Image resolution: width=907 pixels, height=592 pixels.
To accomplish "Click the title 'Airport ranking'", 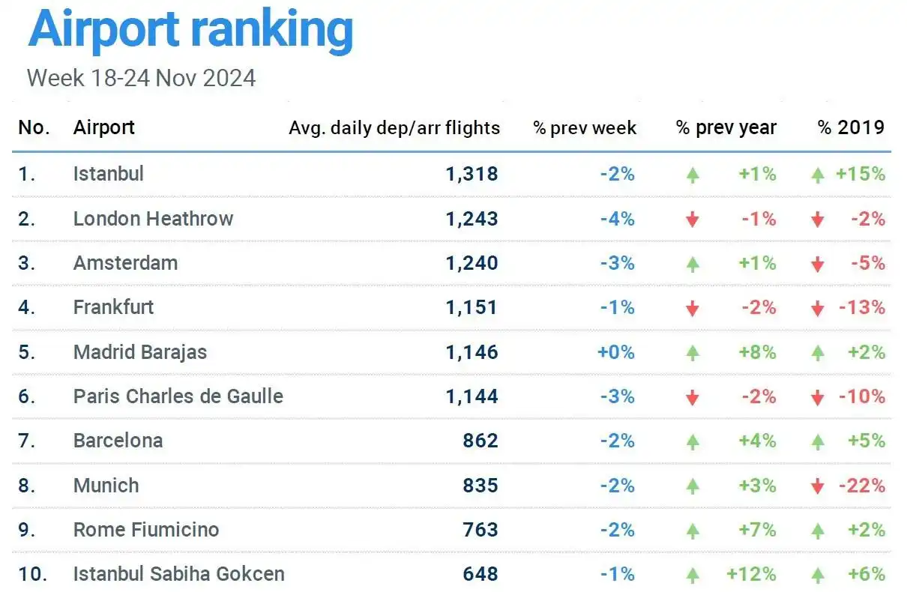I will coord(190,30).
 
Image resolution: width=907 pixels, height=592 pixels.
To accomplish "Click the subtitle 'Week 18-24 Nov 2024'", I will coord(141,78).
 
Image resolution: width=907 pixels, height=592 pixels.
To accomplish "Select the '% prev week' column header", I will coord(585,128).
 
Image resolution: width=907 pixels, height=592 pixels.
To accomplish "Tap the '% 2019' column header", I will coord(851,127).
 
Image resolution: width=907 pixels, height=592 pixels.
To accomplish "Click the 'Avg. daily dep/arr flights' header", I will coord(394,128).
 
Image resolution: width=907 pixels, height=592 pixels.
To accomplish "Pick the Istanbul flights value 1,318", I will coord(471,175).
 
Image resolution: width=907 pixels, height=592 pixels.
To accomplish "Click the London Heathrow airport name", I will coord(153,219).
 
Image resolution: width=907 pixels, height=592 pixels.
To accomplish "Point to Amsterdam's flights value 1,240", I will coord(471,264).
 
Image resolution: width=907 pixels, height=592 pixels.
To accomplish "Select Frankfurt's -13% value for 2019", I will coord(863,308).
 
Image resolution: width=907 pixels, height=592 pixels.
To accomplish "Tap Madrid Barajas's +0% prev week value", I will coord(616,352).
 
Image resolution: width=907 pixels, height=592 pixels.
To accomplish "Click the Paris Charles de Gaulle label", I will coord(178,396).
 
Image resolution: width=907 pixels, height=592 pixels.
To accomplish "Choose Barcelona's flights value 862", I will coord(480,441).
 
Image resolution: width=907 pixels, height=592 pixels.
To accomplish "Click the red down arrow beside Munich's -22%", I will coord(818,486).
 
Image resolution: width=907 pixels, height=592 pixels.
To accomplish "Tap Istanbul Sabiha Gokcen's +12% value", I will coord(751,575).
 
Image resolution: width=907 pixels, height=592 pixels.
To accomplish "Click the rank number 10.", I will coord(33,575).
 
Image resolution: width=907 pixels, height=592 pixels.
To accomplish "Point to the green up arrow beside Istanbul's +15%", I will coord(818,175).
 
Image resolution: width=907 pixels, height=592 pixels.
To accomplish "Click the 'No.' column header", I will coord(34,128).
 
